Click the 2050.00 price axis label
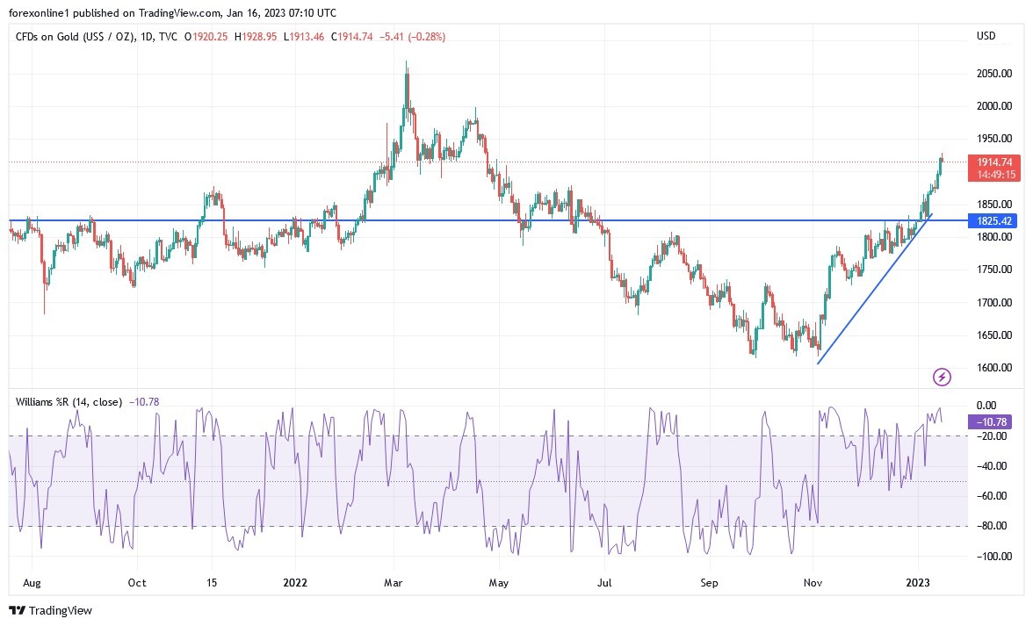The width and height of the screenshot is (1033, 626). point(994,74)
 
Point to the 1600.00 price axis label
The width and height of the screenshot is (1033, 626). point(994,368)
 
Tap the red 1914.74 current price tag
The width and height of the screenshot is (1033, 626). point(994,162)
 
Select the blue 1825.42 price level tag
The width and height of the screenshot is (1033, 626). point(994,221)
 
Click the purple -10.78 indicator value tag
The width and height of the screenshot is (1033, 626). point(992,421)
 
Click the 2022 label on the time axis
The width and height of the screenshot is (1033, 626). point(295,582)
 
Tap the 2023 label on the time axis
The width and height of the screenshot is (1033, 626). point(918,582)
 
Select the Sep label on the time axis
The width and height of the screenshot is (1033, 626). point(710,582)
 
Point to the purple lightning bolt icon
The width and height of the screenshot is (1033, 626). point(942,378)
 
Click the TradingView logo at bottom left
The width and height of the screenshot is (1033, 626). point(50,610)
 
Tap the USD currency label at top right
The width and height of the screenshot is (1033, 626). point(986,36)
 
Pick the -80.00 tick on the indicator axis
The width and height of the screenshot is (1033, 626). point(992,527)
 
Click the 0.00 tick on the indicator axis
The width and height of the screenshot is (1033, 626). point(986,406)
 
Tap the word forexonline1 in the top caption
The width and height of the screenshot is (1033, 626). point(40,13)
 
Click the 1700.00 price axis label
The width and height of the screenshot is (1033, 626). point(994,303)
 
